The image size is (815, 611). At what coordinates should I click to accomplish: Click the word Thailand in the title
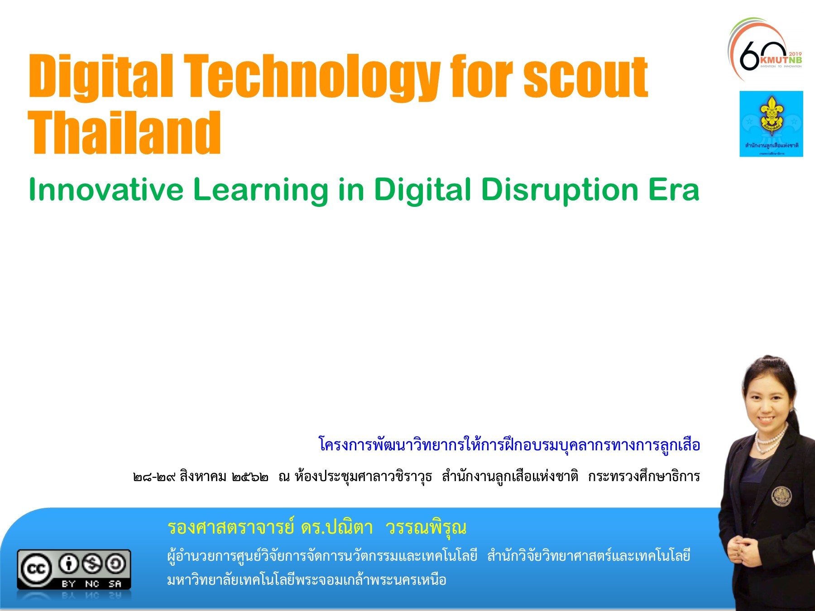(125, 133)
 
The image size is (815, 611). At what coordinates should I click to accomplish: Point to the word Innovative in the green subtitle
(106, 190)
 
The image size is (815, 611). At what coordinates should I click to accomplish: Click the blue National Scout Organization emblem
(771, 123)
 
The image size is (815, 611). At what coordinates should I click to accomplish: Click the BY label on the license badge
(68, 584)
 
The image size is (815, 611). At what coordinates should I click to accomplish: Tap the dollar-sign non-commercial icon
(92, 564)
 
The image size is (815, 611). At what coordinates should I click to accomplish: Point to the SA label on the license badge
(115, 584)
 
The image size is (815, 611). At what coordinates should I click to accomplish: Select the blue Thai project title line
(509, 445)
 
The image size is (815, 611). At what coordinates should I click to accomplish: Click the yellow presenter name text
(317, 528)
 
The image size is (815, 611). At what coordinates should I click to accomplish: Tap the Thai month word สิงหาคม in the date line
(203, 477)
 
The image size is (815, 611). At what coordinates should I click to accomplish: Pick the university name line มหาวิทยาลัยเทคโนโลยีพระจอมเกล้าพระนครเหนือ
(307, 580)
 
